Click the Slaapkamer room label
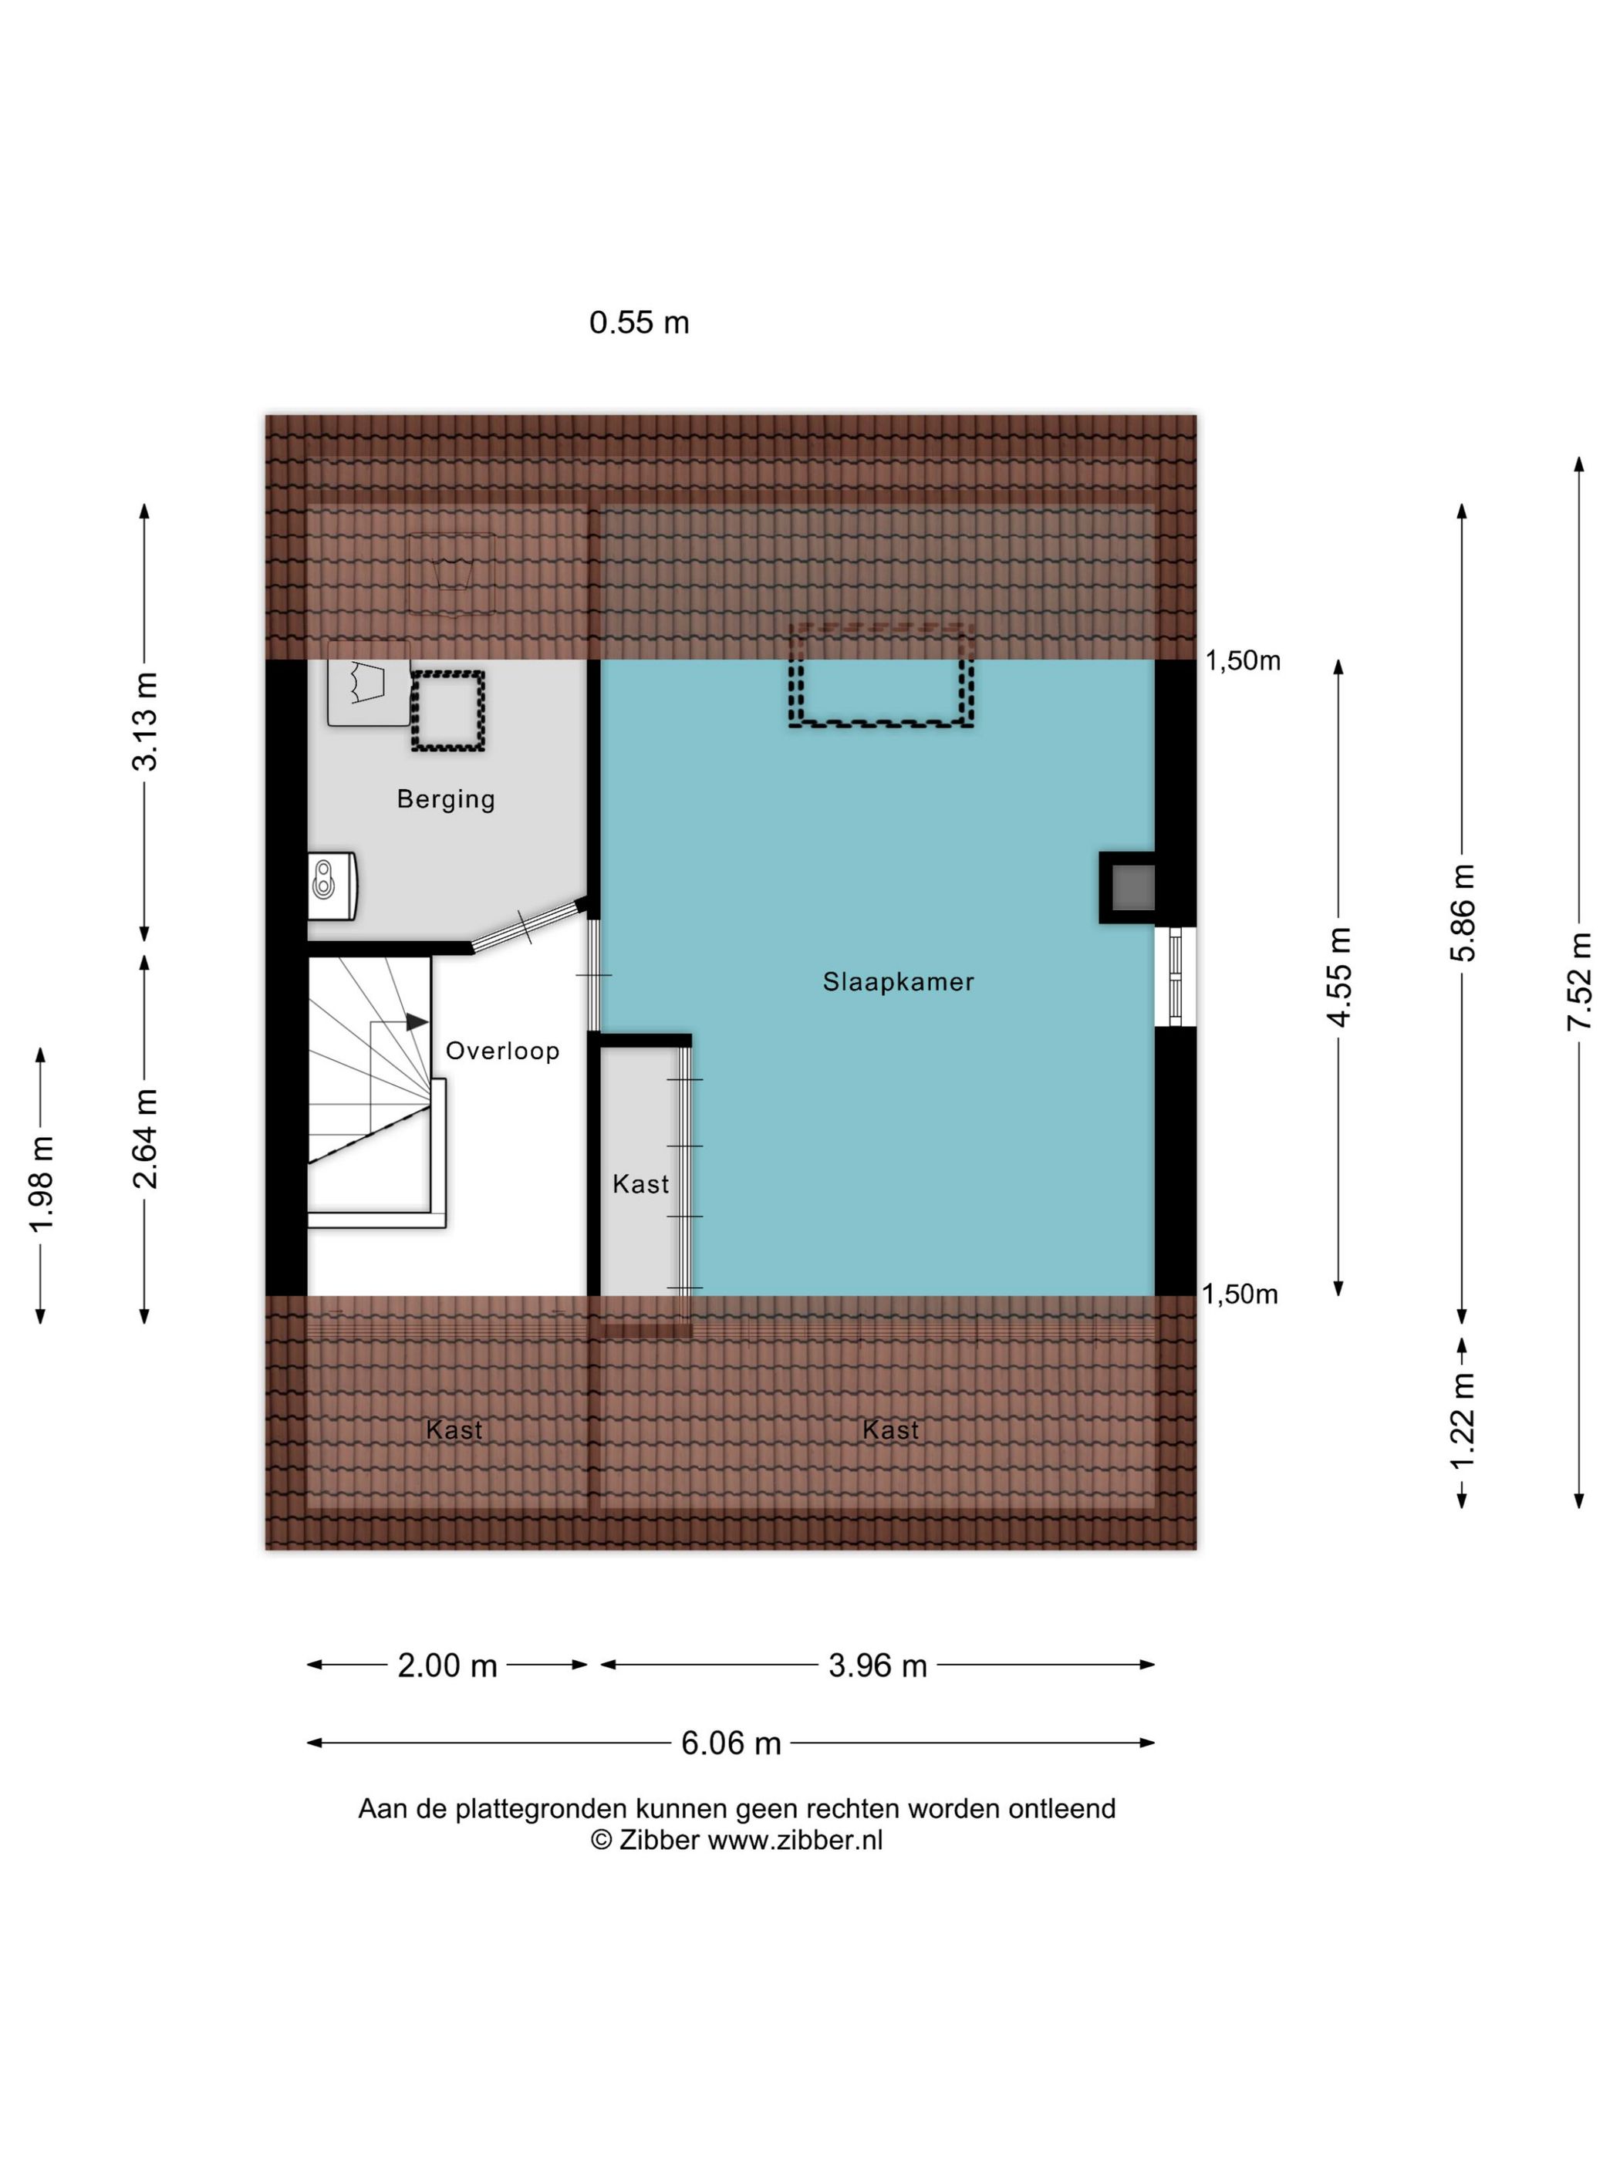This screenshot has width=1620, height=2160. [x=897, y=981]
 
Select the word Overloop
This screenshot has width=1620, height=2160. [x=502, y=1051]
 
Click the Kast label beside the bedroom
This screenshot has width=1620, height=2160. [x=640, y=1183]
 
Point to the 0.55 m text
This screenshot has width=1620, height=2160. [x=639, y=322]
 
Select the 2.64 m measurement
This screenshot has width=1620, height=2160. [x=144, y=1139]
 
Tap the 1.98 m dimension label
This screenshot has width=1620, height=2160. [x=41, y=1184]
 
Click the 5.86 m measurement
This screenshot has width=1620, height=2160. [x=1462, y=912]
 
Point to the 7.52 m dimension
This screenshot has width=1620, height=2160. [x=1579, y=980]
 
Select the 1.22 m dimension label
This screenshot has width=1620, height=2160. [x=1462, y=1421]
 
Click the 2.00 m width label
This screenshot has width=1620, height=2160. [x=447, y=1665]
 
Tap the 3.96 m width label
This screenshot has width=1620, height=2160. [x=878, y=1665]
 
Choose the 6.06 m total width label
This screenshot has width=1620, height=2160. [x=731, y=1743]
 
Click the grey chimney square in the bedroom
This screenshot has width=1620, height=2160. [x=1132, y=888]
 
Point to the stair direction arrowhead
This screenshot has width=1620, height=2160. [x=417, y=1021]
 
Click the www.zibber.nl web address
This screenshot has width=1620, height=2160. [x=795, y=1841]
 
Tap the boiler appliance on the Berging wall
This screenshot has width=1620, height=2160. [x=332, y=886]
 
